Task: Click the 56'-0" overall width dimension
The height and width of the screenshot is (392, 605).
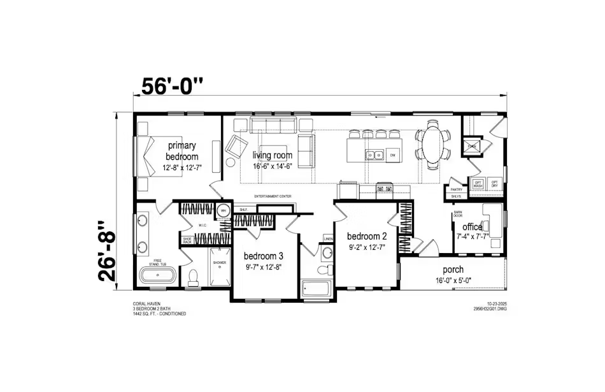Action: [x=172, y=86]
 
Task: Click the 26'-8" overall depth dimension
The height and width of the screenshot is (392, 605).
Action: [x=109, y=251]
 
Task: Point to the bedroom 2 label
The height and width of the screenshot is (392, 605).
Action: [x=367, y=236]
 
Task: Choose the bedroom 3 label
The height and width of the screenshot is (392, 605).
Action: [x=264, y=257]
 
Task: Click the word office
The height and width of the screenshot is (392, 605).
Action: [x=472, y=227]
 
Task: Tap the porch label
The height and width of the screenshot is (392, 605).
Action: [x=453, y=270]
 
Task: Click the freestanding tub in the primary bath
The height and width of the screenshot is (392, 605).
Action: [x=157, y=277]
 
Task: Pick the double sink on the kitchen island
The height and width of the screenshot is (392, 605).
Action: [x=374, y=155]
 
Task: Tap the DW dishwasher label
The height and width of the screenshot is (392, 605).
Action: [x=393, y=155]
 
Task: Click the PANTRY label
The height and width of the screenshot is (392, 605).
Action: [x=456, y=189]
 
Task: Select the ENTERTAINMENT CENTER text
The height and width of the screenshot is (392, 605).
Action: [x=273, y=196]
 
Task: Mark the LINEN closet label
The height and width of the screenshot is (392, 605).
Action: [x=328, y=238]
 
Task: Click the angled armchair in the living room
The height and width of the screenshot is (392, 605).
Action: [x=235, y=146]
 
